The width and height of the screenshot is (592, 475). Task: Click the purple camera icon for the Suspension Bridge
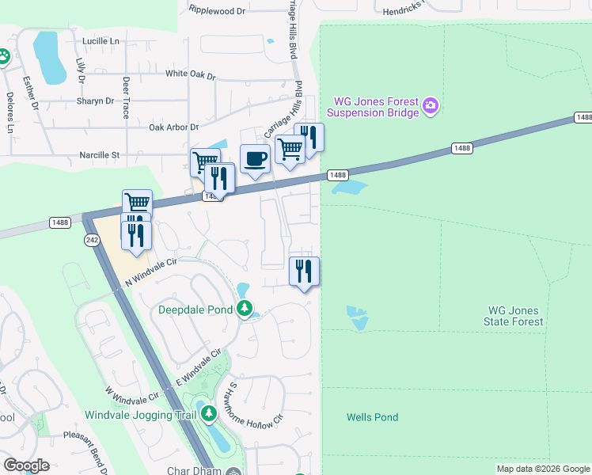click(x=431, y=105)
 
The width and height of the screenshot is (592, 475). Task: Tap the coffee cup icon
click(x=255, y=158)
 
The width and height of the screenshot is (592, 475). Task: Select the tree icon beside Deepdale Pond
click(x=246, y=308)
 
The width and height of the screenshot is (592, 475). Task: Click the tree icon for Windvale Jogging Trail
click(x=209, y=413)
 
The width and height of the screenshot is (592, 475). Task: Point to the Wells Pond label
click(x=372, y=417)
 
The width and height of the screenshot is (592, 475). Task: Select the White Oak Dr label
click(x=190, y=74)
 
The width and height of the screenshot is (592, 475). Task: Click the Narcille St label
click(x=93, y=156)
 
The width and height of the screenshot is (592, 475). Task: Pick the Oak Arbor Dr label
click(x=173, y=127)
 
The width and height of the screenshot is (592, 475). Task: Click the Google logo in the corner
click(x=26, y=465)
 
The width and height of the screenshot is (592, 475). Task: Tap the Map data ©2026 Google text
click(x=542, y=469)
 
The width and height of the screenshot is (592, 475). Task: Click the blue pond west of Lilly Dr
click(x=50, y=57)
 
